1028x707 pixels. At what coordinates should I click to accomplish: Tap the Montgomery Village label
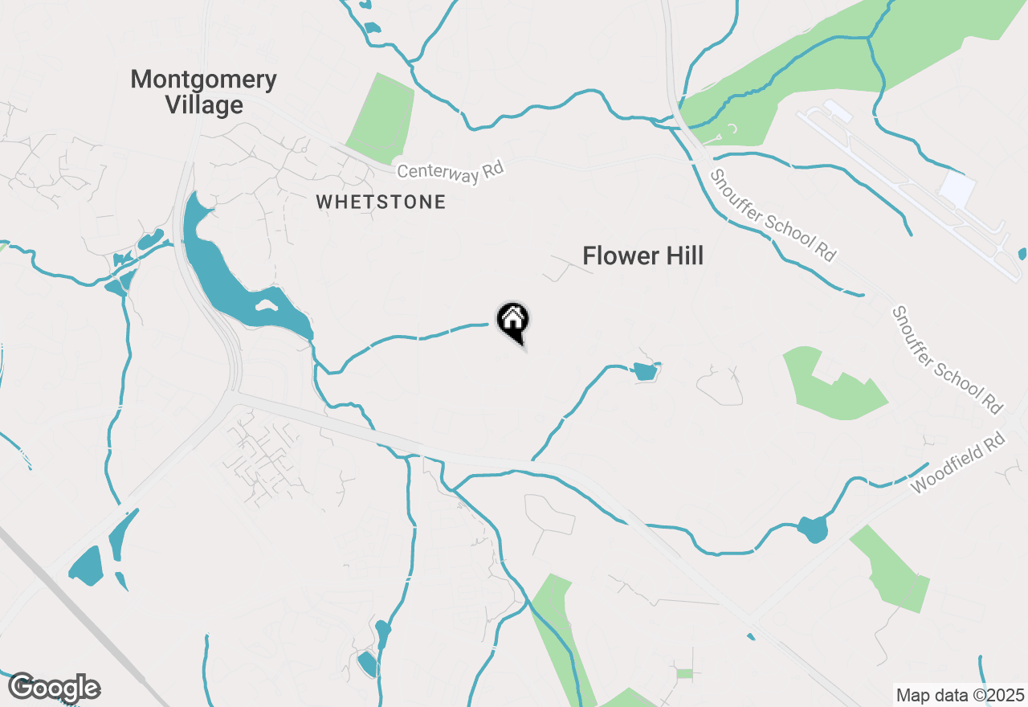pyautogui.click(x=204, y=92)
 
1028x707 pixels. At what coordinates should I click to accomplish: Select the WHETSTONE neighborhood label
pyautogui.click(x=381, y=202)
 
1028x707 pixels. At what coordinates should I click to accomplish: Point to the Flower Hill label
pyautogui.click(x=642, y=256)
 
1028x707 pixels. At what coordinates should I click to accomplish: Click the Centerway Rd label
pyautogui.click(x=451, y=170)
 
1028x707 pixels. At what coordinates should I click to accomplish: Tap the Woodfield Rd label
pyautogui.click(x=959, y=464)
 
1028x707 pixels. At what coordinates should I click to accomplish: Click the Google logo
pyautogui.click(x=54, y=688)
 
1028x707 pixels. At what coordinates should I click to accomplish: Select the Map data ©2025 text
pyautogui.click(x=960, y=695)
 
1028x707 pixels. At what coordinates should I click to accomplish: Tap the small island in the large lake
pyautogui.click(x=266, y=305)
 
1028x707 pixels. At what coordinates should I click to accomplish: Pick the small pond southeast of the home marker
pyautogui.click(x=644, y=371)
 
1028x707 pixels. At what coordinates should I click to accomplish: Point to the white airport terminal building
pyautogui.click(x=957, y=188)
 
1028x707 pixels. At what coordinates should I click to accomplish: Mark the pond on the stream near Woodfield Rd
pyautogui.click(x=813, y=529)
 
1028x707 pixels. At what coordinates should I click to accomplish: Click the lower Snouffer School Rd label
pyautogui.click(x=948, y=360)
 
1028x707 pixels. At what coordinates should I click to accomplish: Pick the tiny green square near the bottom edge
pyautogui.click(x=684, y=673)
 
